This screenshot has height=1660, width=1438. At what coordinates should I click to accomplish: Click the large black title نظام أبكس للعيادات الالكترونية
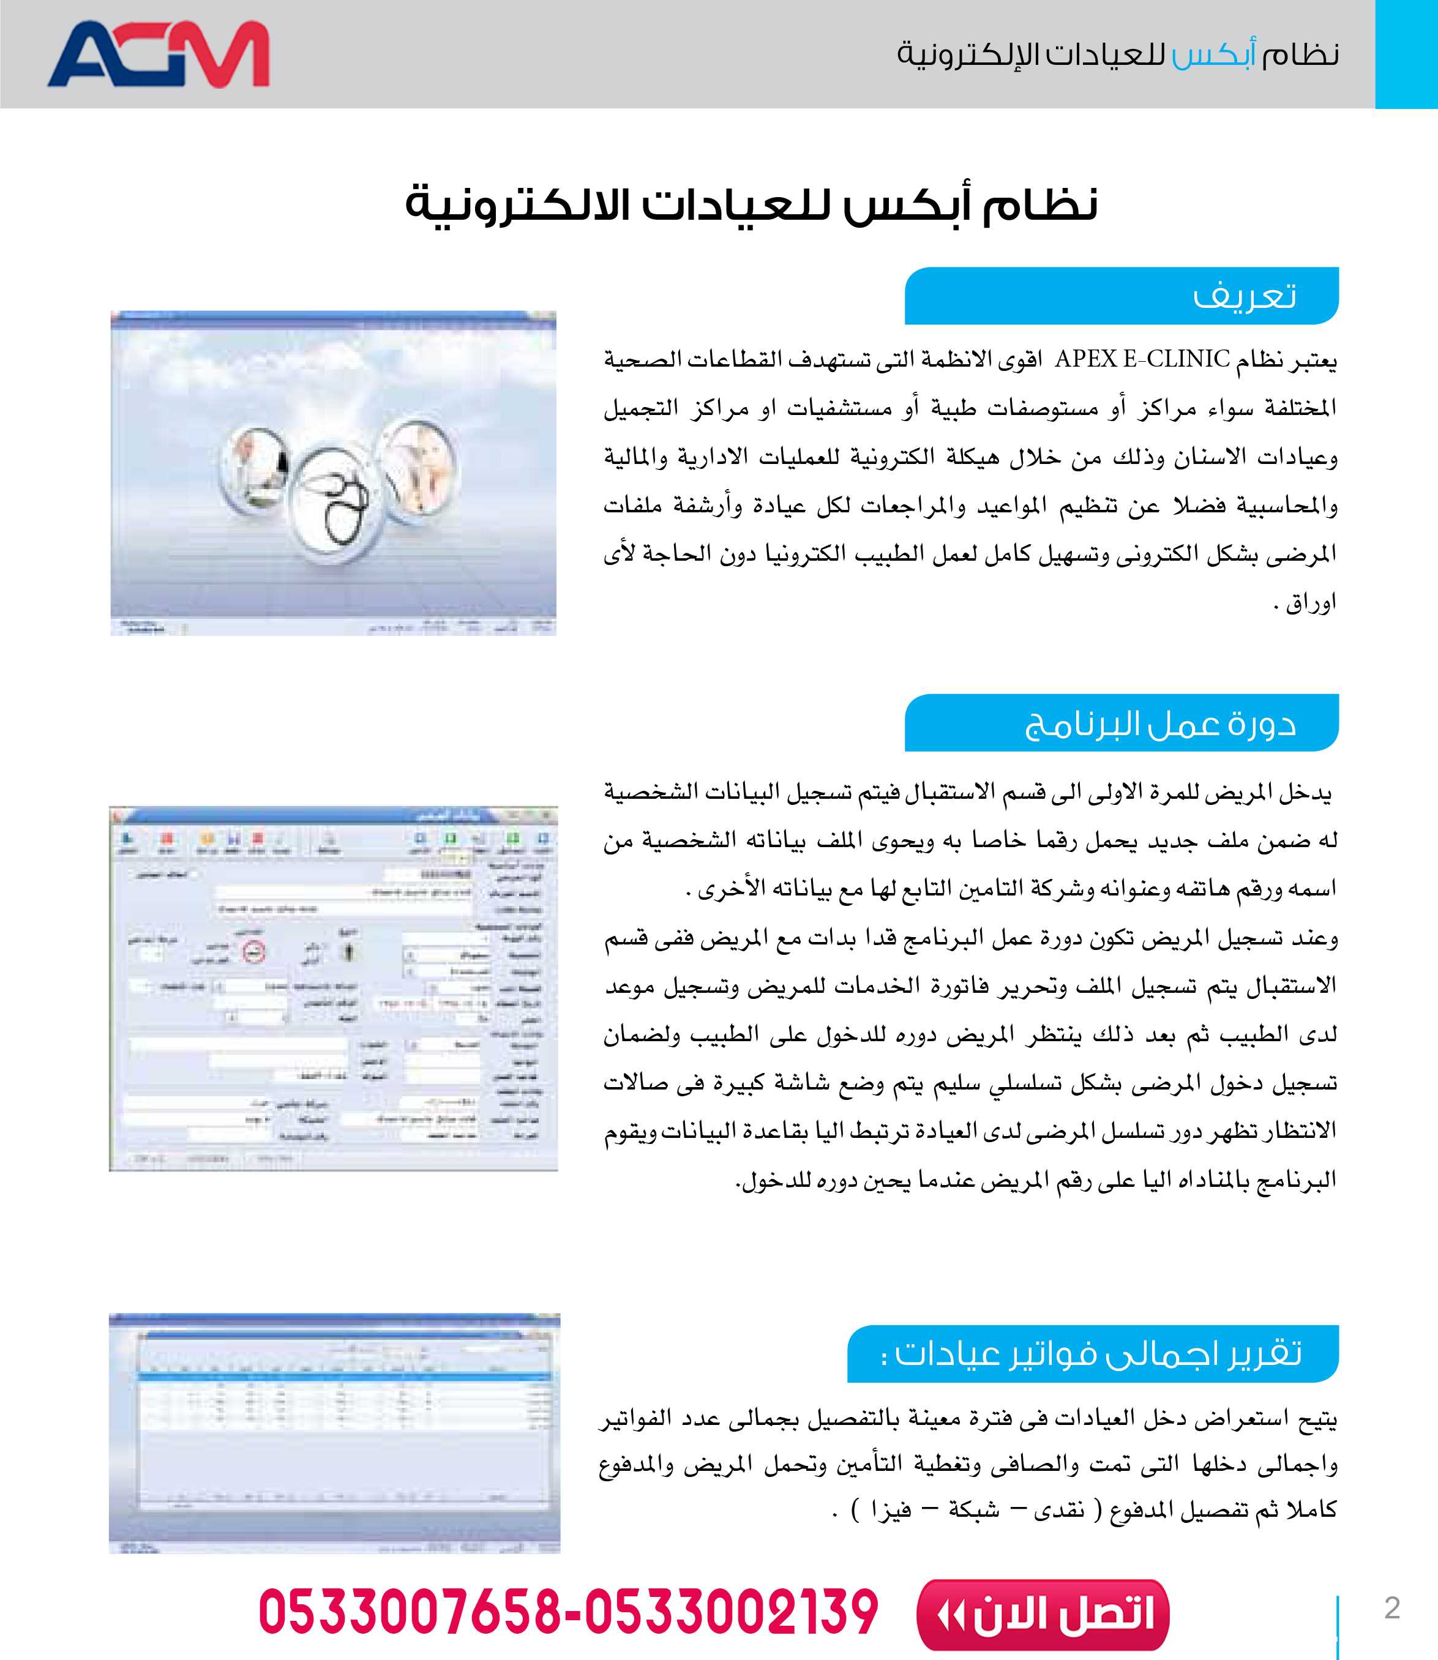(751, 204)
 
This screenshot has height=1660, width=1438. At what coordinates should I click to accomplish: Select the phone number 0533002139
(731, 1613)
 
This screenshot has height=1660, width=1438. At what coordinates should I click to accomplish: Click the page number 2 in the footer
(1392, 1608)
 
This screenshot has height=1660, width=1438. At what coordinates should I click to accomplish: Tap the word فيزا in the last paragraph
(890, 1510)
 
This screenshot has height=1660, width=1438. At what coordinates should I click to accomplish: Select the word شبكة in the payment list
(974, 1510)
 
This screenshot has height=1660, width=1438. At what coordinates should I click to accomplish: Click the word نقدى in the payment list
(1059, 1510)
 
